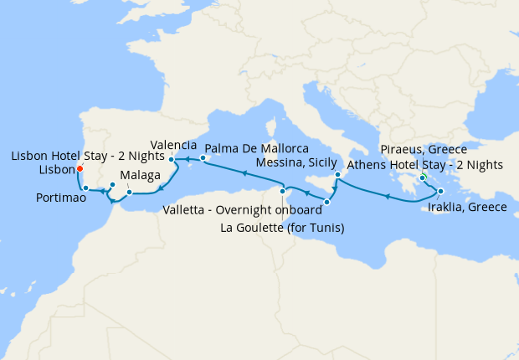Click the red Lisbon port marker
pyautogui.click(x=79, y=167)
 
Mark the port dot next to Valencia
pyautogui.click(x=172, y=159)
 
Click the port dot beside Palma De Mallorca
pyautogui.click(x=203, y=157)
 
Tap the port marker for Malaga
pyautogui.click(x=129, y=193)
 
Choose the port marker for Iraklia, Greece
pyautogui.click(x=440, y=192)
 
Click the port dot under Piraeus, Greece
pyautogui.click(x=423, y=177)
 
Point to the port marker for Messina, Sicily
pyautogui.click(x=337, y=175)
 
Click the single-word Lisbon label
pyautogui.click(x=55, y=170)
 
